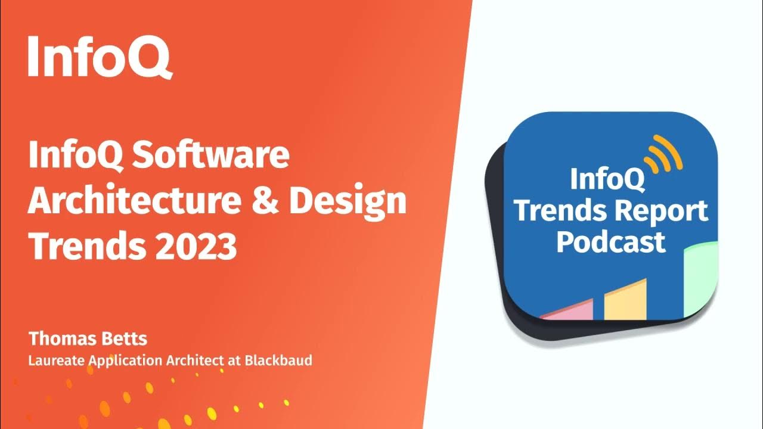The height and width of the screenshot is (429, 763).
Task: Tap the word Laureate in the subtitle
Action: [x=54, y=360]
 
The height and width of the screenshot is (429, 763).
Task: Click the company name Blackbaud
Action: [x=278, y=360]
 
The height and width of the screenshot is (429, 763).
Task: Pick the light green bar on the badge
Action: [x=700, y=280]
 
